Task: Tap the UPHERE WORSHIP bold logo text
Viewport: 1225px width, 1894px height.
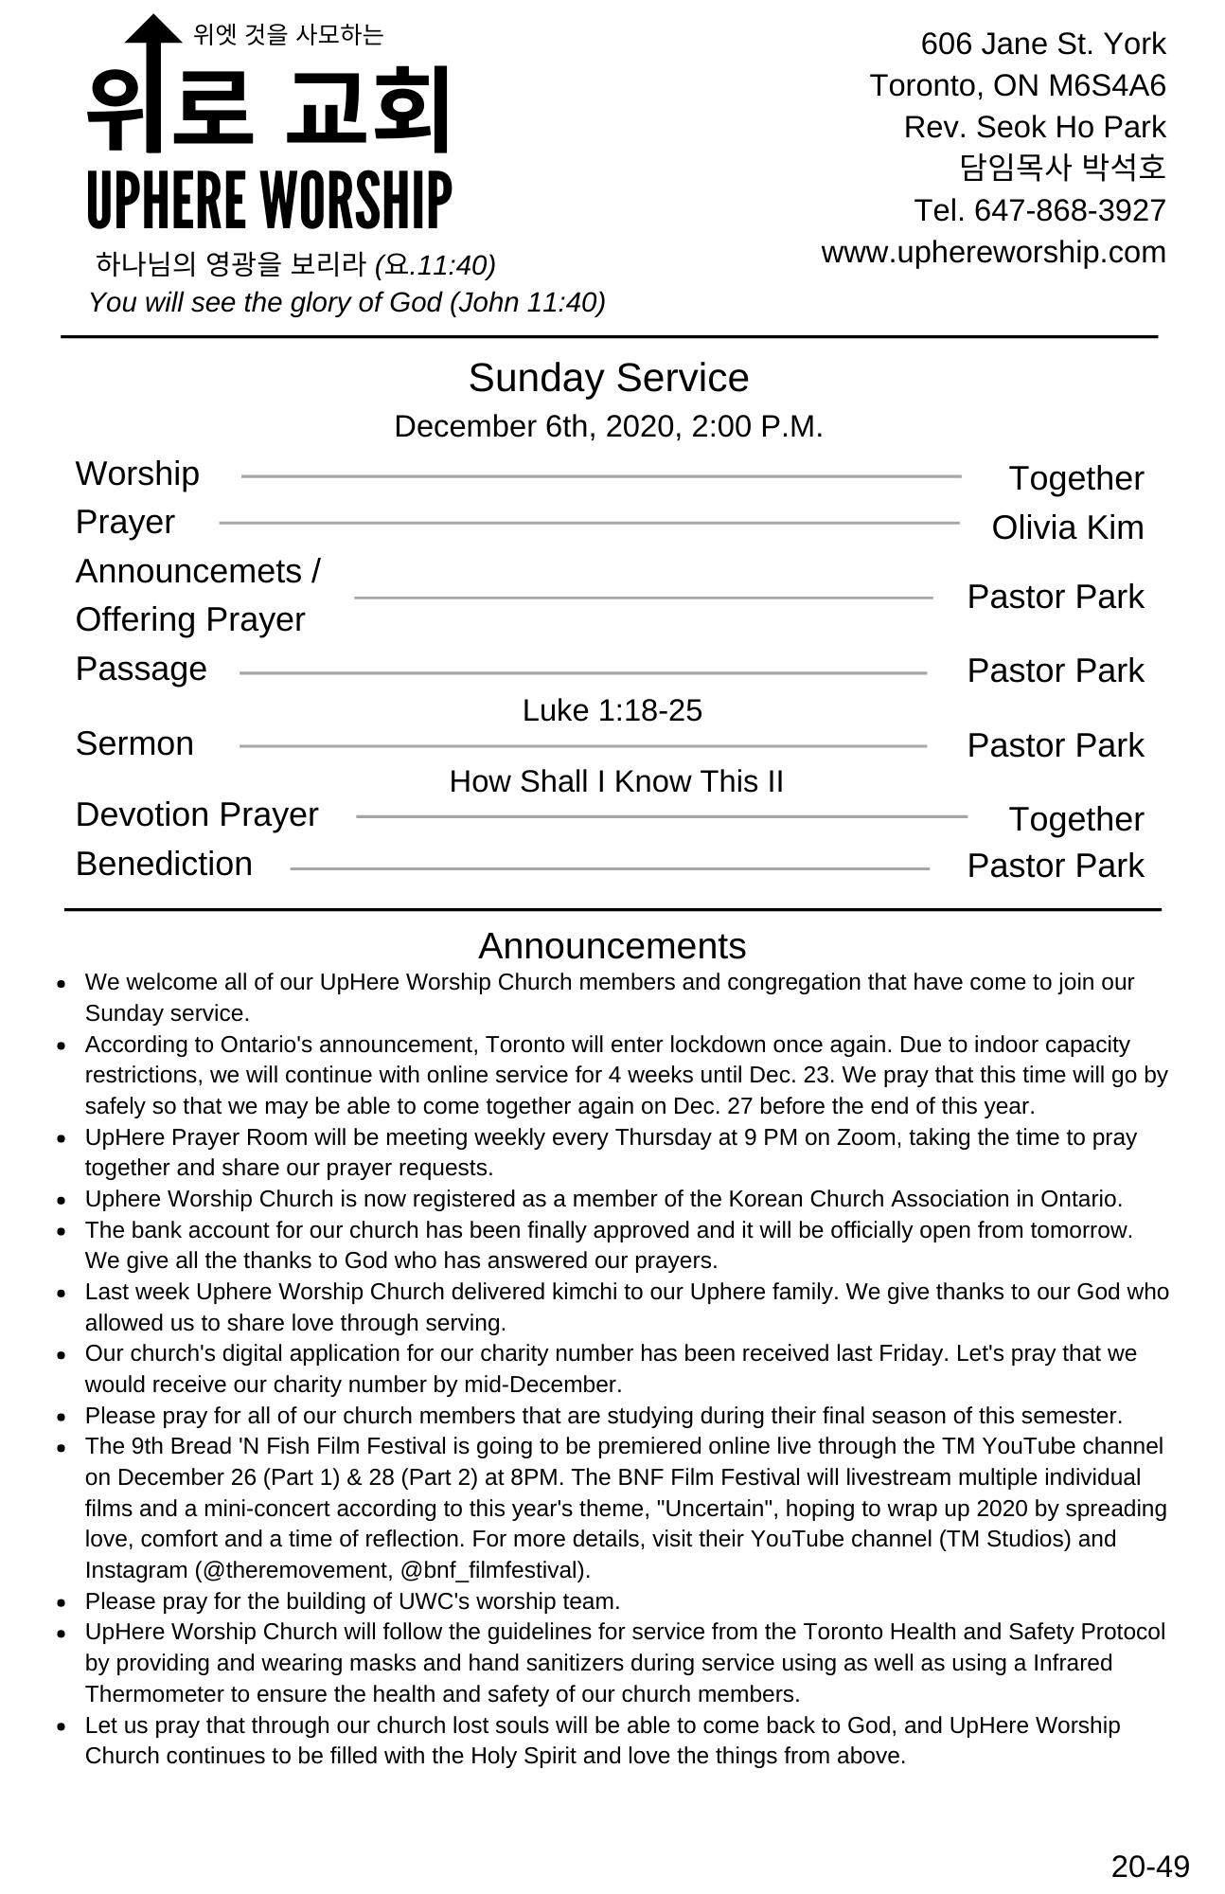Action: (269, 201)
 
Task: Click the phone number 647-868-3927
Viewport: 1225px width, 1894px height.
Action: (1070, 210)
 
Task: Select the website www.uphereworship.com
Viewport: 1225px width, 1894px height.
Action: (993, 253)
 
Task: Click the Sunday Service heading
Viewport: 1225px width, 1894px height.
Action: (609, 378)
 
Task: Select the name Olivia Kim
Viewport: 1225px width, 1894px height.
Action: (1067, 528)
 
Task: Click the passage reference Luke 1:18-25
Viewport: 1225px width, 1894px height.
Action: (612, 710)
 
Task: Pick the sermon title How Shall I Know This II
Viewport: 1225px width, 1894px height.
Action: (616, 781)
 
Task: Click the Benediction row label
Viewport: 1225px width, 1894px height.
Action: (164, 864)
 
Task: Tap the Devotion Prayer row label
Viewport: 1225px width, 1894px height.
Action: (197, 814)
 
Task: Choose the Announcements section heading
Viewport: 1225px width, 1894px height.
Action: (612, 946)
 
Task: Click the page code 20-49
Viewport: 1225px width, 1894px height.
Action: (1149, 1866)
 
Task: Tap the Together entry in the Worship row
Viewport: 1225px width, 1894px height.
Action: (1075, 478)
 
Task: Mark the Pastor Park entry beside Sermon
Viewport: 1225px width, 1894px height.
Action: (1055, 745)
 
